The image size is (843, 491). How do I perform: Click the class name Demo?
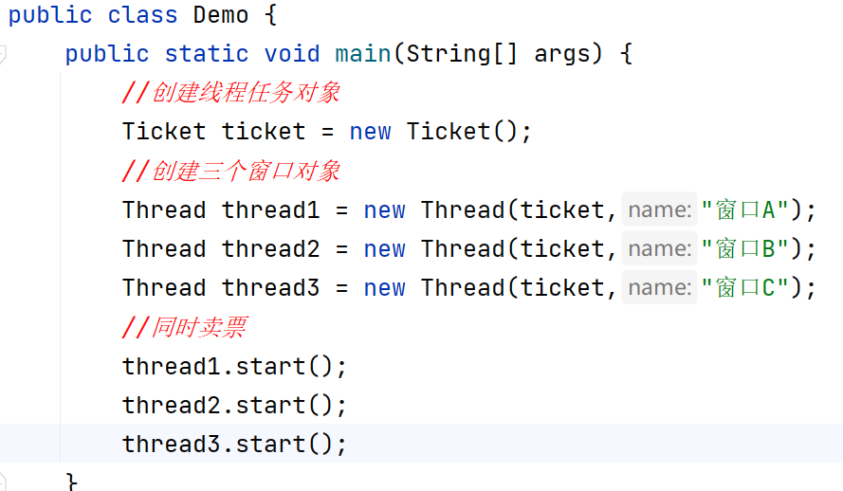click(221, 15)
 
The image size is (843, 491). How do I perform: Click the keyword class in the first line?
click(142, 15)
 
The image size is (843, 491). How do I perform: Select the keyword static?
click(206, 54)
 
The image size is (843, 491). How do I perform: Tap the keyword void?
click(292, 54)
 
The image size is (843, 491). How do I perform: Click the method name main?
click(363, 54)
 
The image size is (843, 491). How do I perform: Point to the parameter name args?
click(562, 54)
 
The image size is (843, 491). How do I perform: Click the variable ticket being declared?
click(264, 132)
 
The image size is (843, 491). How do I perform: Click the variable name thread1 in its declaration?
click(270, 209)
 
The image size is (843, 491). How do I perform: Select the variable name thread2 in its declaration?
click(270, 248)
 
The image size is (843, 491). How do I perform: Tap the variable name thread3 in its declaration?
click(270, 287)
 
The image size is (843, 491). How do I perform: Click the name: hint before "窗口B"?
click(659, 248)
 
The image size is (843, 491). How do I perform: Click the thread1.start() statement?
click(234, 366)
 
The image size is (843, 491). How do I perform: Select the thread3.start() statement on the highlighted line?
click(234, 444)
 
